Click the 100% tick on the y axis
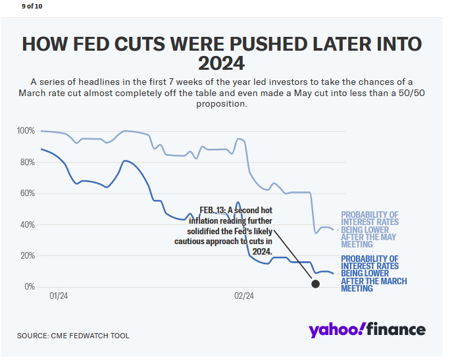pos(26,131)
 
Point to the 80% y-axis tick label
pos(27,162)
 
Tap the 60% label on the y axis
pos(27,193)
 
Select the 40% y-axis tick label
pos(27,224)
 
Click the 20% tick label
pos(27,255)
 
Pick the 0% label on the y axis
pos(29,287)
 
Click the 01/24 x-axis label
pos(59,296)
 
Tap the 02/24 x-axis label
pos(244,296)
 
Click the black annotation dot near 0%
pos(315,284)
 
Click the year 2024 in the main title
pos(221,64)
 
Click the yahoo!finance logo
pos(367,329)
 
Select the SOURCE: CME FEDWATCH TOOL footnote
pos(73,336)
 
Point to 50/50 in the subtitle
pos(407,93)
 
